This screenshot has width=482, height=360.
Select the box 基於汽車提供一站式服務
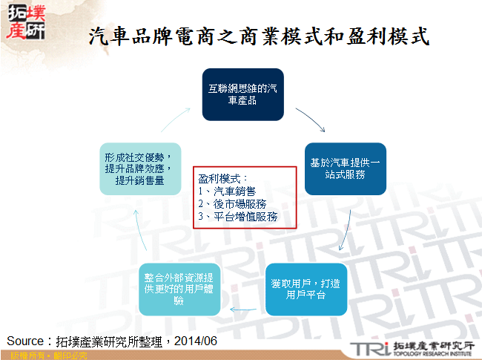345,168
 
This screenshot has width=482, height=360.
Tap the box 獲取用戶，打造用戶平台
306,289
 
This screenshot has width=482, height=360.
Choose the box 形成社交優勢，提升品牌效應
140,168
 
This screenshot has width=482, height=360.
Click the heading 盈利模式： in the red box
223,179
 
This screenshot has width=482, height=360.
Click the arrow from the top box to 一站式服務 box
311,119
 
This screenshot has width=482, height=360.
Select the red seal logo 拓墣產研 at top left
24,23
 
